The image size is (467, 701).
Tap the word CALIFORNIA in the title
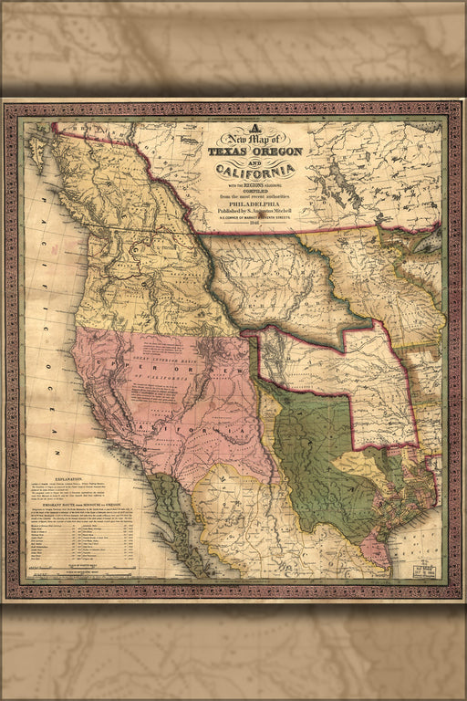pos(254,172)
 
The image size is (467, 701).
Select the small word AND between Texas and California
pos(255,161)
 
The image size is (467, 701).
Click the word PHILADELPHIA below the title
pos(254,205)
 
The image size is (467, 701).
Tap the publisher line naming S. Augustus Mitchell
pos(255,213)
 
